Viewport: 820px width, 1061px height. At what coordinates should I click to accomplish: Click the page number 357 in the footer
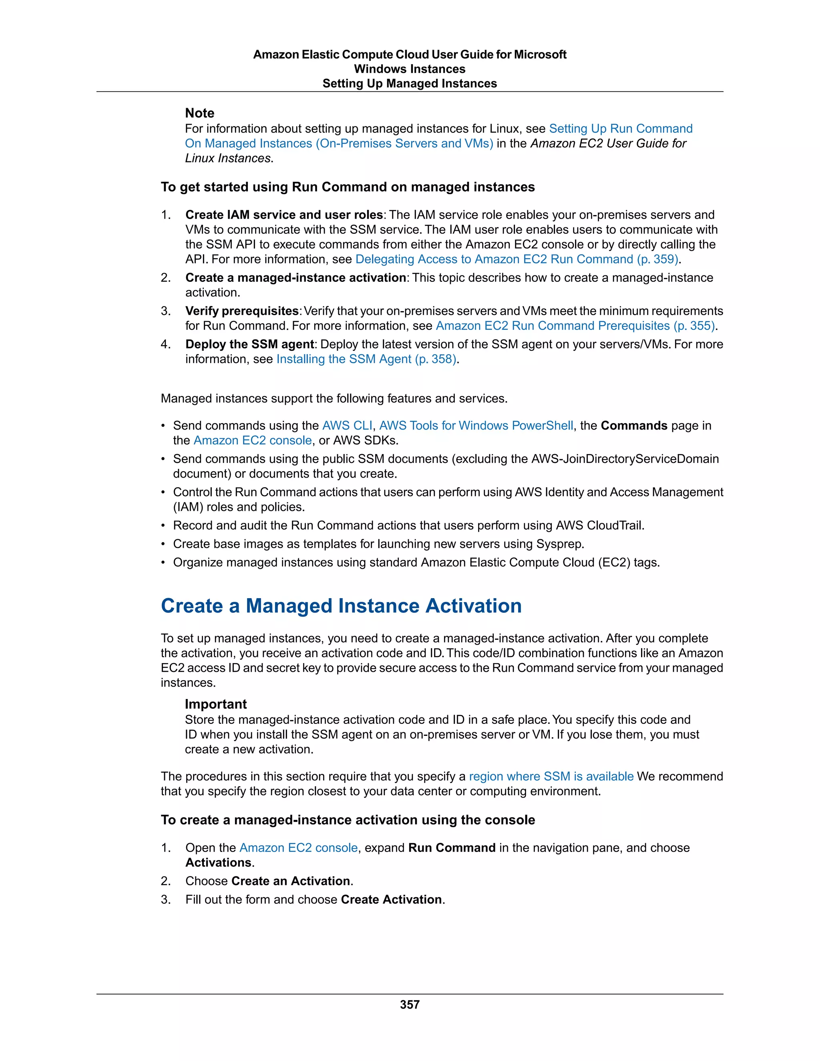click(410, 1004)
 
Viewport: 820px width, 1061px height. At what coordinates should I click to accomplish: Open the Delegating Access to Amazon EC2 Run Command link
click(517, 259)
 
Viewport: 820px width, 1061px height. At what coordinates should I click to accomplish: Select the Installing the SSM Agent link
click(366, 359)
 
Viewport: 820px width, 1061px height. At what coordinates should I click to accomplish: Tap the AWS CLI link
click(347, 426)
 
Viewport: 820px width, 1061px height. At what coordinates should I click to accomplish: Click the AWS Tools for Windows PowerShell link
click(476, 426)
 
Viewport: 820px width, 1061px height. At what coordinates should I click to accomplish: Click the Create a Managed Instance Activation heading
click(341, 606)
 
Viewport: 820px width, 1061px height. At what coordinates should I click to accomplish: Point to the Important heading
click(216, 704)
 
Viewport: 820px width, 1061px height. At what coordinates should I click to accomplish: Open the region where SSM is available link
click(551, 776)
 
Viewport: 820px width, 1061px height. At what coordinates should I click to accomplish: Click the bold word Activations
click(219, 863)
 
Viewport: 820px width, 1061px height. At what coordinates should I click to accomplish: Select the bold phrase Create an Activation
click(291, 881)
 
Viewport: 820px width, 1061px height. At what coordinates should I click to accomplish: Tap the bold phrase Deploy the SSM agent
click(250, 344)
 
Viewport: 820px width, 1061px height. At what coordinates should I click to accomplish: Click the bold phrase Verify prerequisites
click(242, 311)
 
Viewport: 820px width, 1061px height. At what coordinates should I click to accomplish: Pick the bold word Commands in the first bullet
click(633, 426)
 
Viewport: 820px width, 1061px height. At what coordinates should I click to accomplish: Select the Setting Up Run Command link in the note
click(620, 129)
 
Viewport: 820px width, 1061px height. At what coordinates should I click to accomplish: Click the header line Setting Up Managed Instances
click(410, 84)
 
